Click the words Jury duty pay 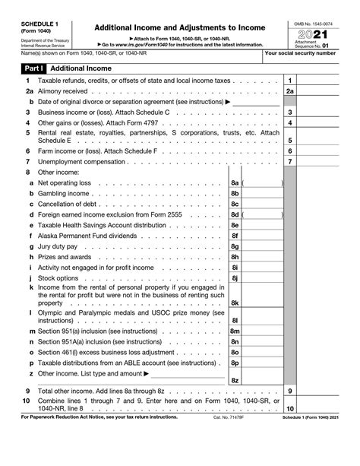[x=58, y=247]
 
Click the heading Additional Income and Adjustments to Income [x=179, y=27]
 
